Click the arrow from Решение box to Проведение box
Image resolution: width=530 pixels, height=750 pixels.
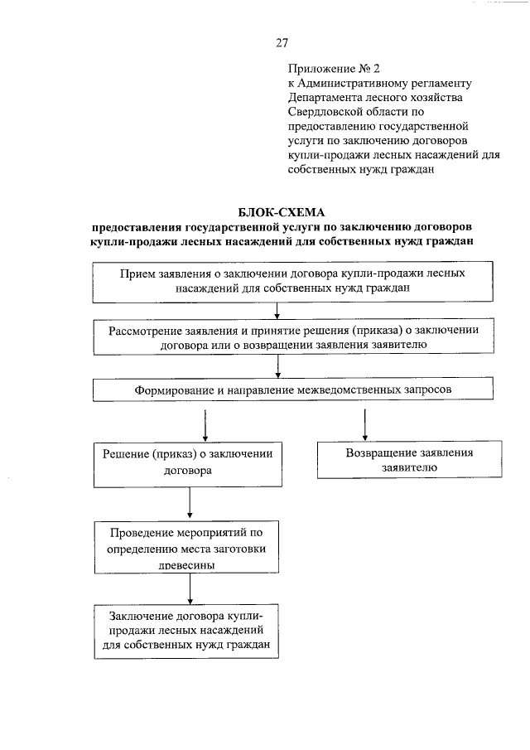(x=190, y=503)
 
